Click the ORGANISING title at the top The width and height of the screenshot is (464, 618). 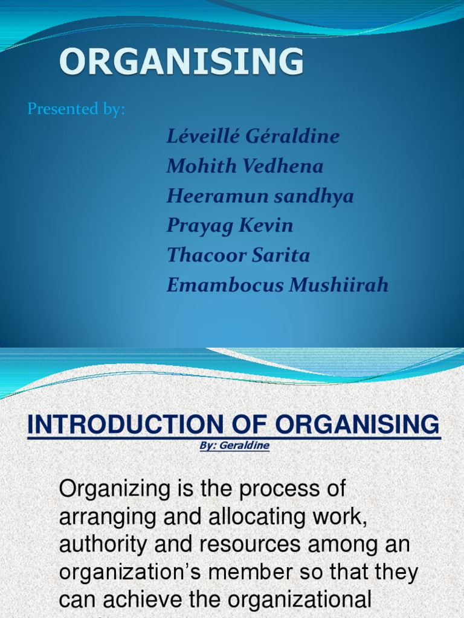(181, 62)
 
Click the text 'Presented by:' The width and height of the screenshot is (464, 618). (76, 109)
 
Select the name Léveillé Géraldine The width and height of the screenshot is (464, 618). (253, 136)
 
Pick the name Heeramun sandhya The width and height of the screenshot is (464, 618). (260, 196)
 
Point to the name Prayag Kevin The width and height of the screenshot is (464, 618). (230, 225)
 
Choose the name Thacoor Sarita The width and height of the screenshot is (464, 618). (238, 255)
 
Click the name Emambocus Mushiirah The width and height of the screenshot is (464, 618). (277, 284)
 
